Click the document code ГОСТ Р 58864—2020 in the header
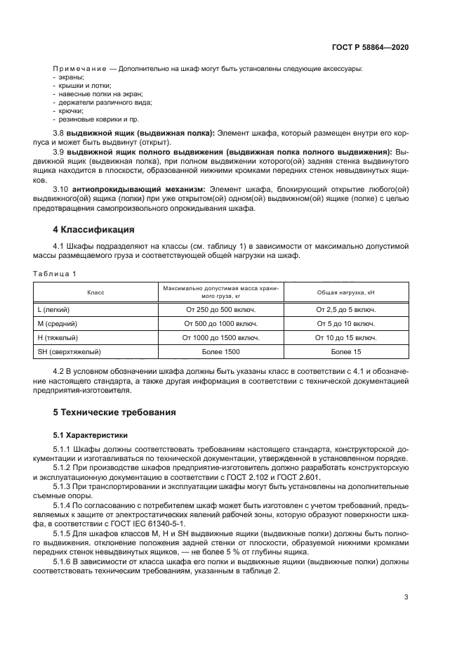click(370, 47)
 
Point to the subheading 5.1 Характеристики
click(91, 435)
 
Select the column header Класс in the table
click(95, 292)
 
